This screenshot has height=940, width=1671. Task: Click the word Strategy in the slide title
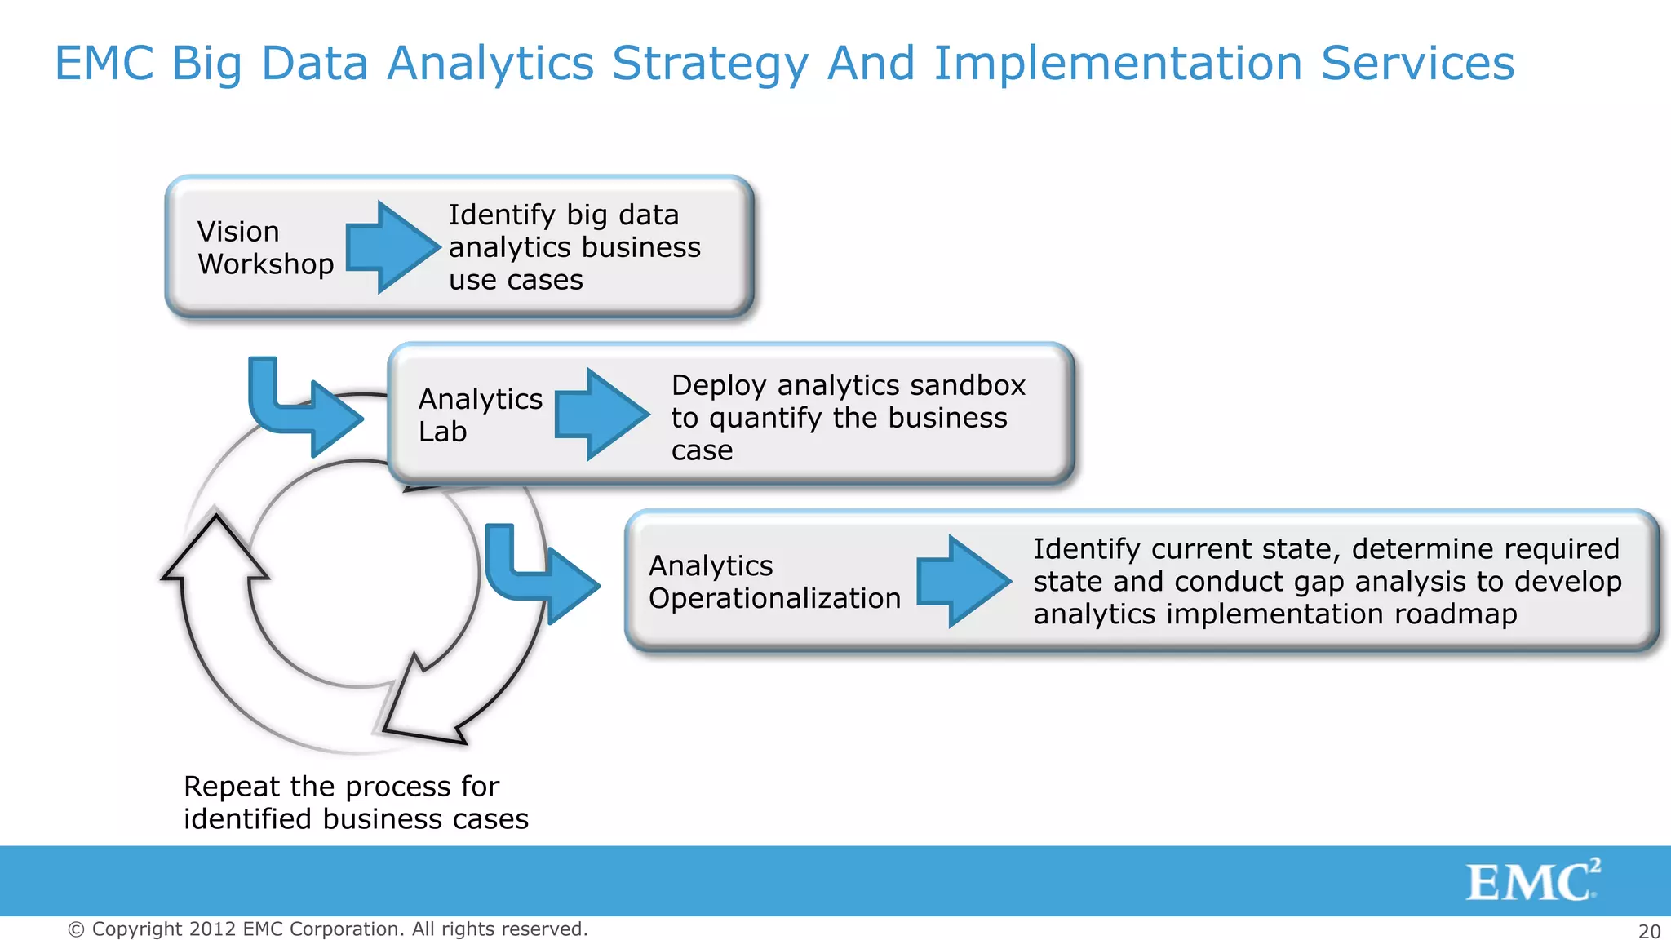(710, 64)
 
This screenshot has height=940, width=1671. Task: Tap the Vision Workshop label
(265, 248)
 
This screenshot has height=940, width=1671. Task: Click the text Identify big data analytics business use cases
(574, 247)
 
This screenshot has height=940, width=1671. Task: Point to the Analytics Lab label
(480, 415)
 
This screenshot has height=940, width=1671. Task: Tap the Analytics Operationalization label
(773, 582)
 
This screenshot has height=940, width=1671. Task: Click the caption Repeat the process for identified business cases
(356, 803)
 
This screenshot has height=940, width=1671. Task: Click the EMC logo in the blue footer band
(1531, 880)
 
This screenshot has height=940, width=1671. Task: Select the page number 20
(1649, 931)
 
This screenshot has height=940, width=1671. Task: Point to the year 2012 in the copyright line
(212, 929)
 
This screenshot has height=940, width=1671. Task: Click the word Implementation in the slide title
(1118, 64)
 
